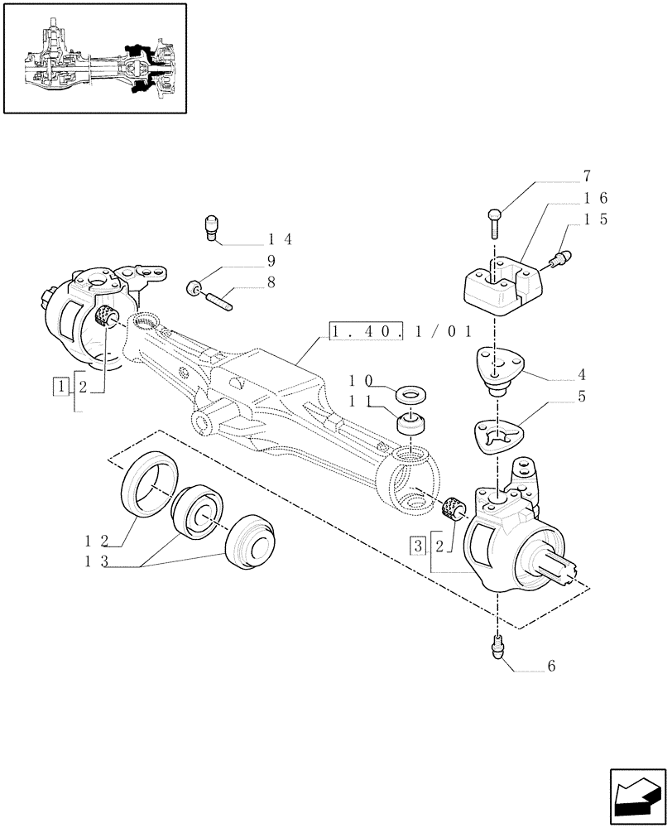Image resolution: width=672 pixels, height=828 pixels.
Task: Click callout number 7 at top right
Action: click(587, 176)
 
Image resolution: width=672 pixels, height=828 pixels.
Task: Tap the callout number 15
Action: click(595, 219)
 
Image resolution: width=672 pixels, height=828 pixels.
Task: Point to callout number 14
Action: click(280, 239)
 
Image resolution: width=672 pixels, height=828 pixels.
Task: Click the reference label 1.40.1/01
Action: click(401, 332)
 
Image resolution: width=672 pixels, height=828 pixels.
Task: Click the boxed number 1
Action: click(60, 385)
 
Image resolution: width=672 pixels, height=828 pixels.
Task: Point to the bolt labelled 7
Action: click(493, 220)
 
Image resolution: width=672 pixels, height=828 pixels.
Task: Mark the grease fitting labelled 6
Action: click(499, 644)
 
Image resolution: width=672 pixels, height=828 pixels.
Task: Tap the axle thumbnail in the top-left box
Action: click(94, 57)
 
